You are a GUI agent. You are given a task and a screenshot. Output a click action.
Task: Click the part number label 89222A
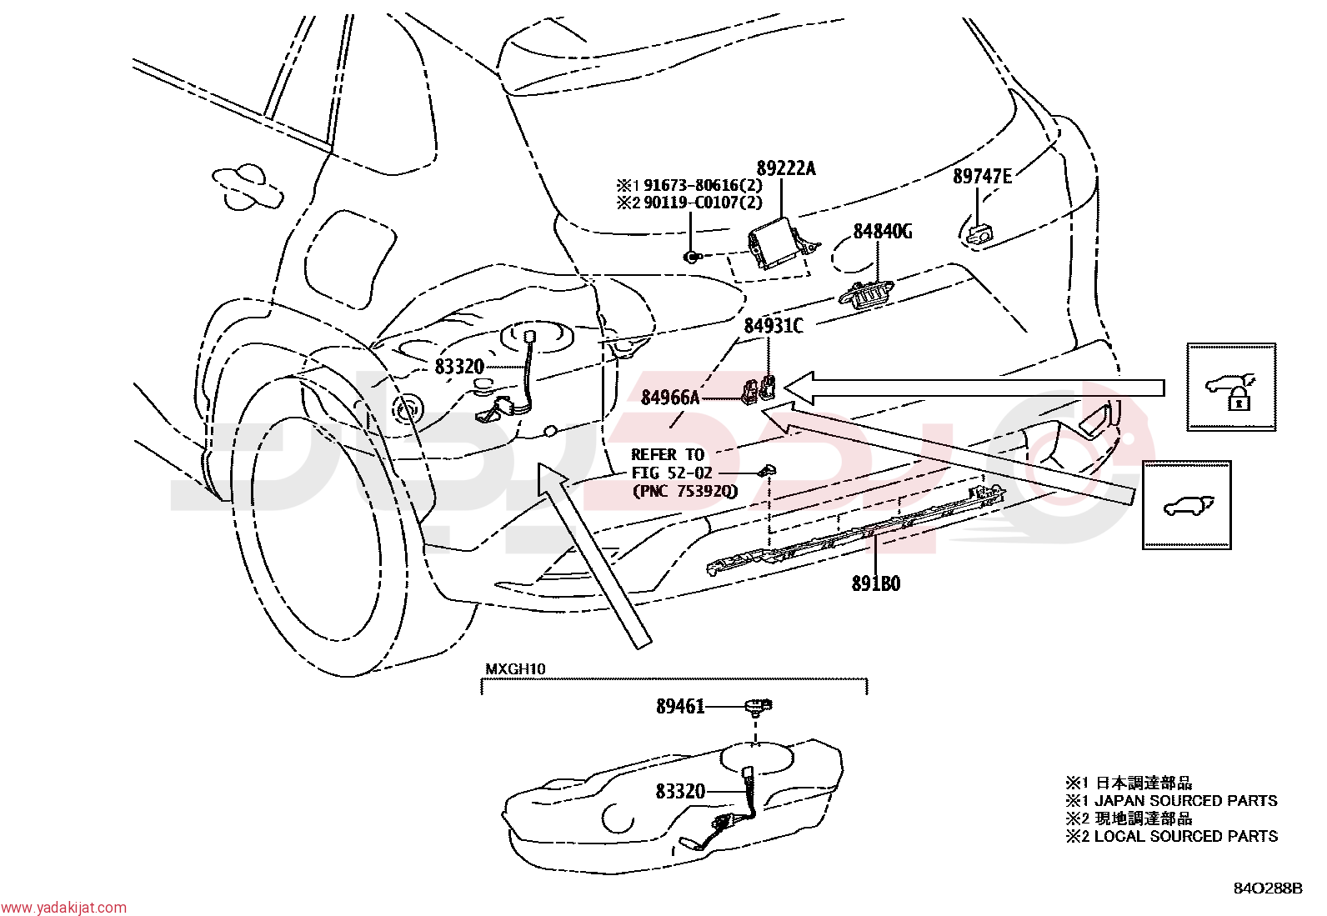tap(786, 169)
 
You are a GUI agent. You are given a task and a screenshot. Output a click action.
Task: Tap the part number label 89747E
tap(982, 177)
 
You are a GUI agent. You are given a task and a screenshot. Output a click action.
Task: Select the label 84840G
tap(883, 231)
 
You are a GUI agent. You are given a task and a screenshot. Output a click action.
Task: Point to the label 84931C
tap(774, 326)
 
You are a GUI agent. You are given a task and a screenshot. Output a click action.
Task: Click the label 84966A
tap(670, 398)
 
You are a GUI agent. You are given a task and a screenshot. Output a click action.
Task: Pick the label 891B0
tap(876, 584)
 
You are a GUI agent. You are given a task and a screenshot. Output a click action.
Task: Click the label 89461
tap(680, 706)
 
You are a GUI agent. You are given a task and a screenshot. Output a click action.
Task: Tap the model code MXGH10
tap(515, 669)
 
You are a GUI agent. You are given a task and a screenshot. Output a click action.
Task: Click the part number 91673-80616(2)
tap(704, 185)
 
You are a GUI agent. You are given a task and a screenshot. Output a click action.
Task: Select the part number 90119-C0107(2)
tap(704, 203)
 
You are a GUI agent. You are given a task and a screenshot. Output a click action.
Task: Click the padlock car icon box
tap(1232, 387)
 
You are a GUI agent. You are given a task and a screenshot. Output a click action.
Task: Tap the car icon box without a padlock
tap(1187, 505)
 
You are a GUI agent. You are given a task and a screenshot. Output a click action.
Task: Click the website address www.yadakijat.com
tap(63, 908)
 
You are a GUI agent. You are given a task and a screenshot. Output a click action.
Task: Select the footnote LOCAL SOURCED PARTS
tap(1186, 837)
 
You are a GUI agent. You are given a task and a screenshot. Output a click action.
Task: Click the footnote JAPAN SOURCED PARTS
tap(1186, 801)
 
